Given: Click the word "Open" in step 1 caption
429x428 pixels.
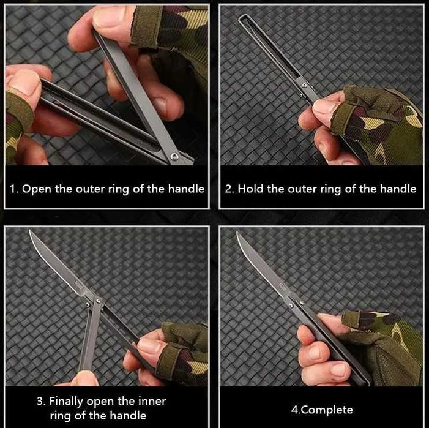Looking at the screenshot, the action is pyautogui.click(x=36, y=189).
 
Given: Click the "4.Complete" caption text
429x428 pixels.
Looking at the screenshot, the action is pyautogui.click(x=322, y=410).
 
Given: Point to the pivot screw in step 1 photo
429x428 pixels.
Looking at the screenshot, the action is pyautogui.click(x=174, y=157).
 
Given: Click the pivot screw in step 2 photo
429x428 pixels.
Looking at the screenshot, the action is pyautogui.click(x=304, y=85).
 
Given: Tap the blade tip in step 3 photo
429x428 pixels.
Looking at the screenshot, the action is pyautogui.click(x=29, y=230).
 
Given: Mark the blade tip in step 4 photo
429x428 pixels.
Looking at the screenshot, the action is pyautogui.click(x=237, y=232).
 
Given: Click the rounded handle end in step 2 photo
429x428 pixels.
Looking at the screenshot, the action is pyautogui.click(x=241, y=17).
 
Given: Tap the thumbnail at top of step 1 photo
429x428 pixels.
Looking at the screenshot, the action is pyautogui.click(x=108, y=17).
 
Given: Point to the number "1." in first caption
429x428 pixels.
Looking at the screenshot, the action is pyautogui.click(x=14, y=189).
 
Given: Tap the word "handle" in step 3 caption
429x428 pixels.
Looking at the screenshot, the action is pyautogui.click(x=127, y=416).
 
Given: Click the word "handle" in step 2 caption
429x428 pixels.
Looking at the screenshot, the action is pyautogui.click(x=398, y=189).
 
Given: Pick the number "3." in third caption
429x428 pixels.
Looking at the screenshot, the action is pyautogui.click(x=41, y=402).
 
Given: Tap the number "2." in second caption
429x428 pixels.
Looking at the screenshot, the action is pyautogui.click(x=229, y=189).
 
